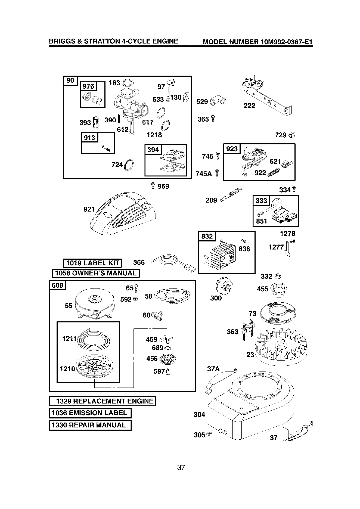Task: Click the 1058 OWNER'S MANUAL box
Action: click(x=96, y=273)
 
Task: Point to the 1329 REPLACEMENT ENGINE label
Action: click(x=102, y=401)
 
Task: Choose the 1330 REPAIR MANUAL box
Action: click(x=90, y=425)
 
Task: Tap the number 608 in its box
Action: click(x=58, y=285)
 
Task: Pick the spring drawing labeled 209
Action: click(x=230, y=194)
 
